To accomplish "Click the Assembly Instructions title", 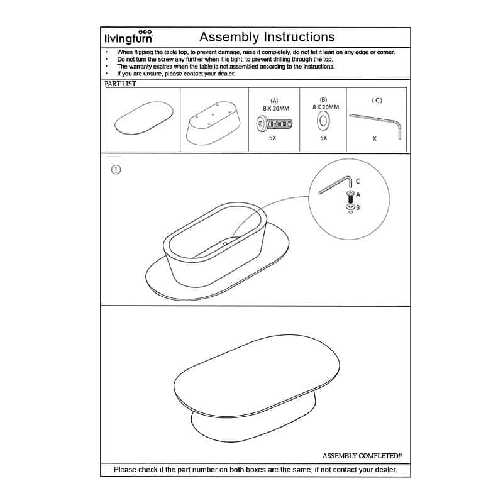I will (267, 37).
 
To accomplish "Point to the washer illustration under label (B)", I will (324, 121).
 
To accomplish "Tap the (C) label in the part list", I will (377, 100).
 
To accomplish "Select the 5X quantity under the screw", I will (273, 138).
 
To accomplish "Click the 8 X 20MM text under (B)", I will (325, 108).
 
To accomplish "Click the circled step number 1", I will (116, 169).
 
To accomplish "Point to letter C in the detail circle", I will (358, 181).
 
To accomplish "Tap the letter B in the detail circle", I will (358, 207).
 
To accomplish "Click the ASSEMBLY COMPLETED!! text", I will (362, 455).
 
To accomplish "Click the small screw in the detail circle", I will (350, 196).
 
